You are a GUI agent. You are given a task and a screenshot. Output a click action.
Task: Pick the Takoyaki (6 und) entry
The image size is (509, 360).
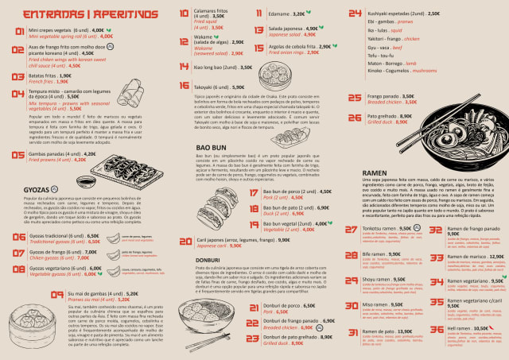click(x=212, y=87)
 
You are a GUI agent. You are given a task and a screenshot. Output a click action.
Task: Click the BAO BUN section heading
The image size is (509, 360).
click(x=209, y=148)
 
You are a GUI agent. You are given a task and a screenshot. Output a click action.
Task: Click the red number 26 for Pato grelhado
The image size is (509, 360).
click(x=355, y=119)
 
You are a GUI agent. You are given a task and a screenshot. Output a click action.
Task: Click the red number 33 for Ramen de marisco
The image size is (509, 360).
click(x=435, y=257)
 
